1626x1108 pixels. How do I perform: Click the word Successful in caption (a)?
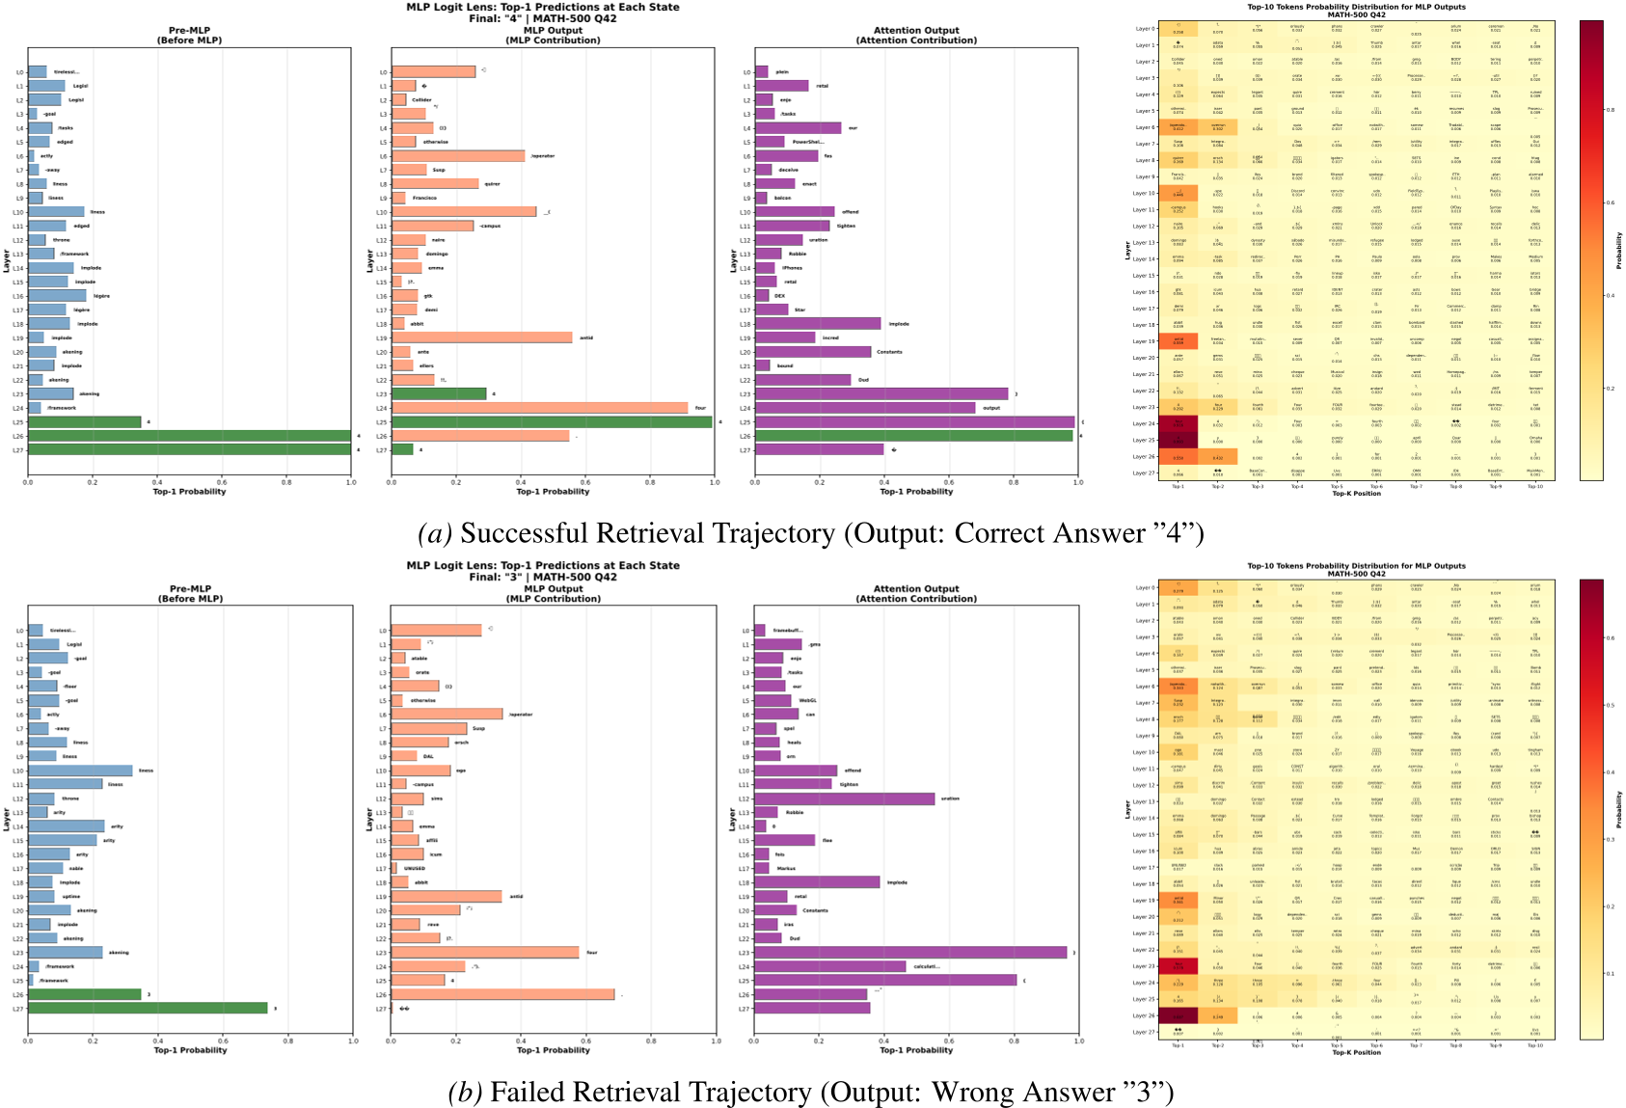(511, 533)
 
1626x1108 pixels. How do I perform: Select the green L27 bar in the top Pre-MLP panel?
(189, 449)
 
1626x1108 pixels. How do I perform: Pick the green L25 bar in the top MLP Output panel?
(552, 421)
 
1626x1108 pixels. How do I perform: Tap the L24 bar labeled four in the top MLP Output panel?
(540, 408)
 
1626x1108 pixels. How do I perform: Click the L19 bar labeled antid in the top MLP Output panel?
(482, 338)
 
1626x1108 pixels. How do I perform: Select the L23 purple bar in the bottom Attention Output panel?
(910, 953)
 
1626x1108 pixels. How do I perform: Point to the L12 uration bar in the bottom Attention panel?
(845, 798)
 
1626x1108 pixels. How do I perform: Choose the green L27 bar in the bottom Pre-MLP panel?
(148, 1008)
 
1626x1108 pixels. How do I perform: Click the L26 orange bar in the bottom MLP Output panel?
(502, 994)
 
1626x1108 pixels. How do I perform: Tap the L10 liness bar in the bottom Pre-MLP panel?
(80, 770)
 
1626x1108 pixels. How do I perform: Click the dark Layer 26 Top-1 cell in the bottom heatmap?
(1178, 1015)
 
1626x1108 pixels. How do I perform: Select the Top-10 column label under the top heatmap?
(1534, 486)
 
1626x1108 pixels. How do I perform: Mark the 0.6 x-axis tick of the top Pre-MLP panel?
(222, 482)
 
